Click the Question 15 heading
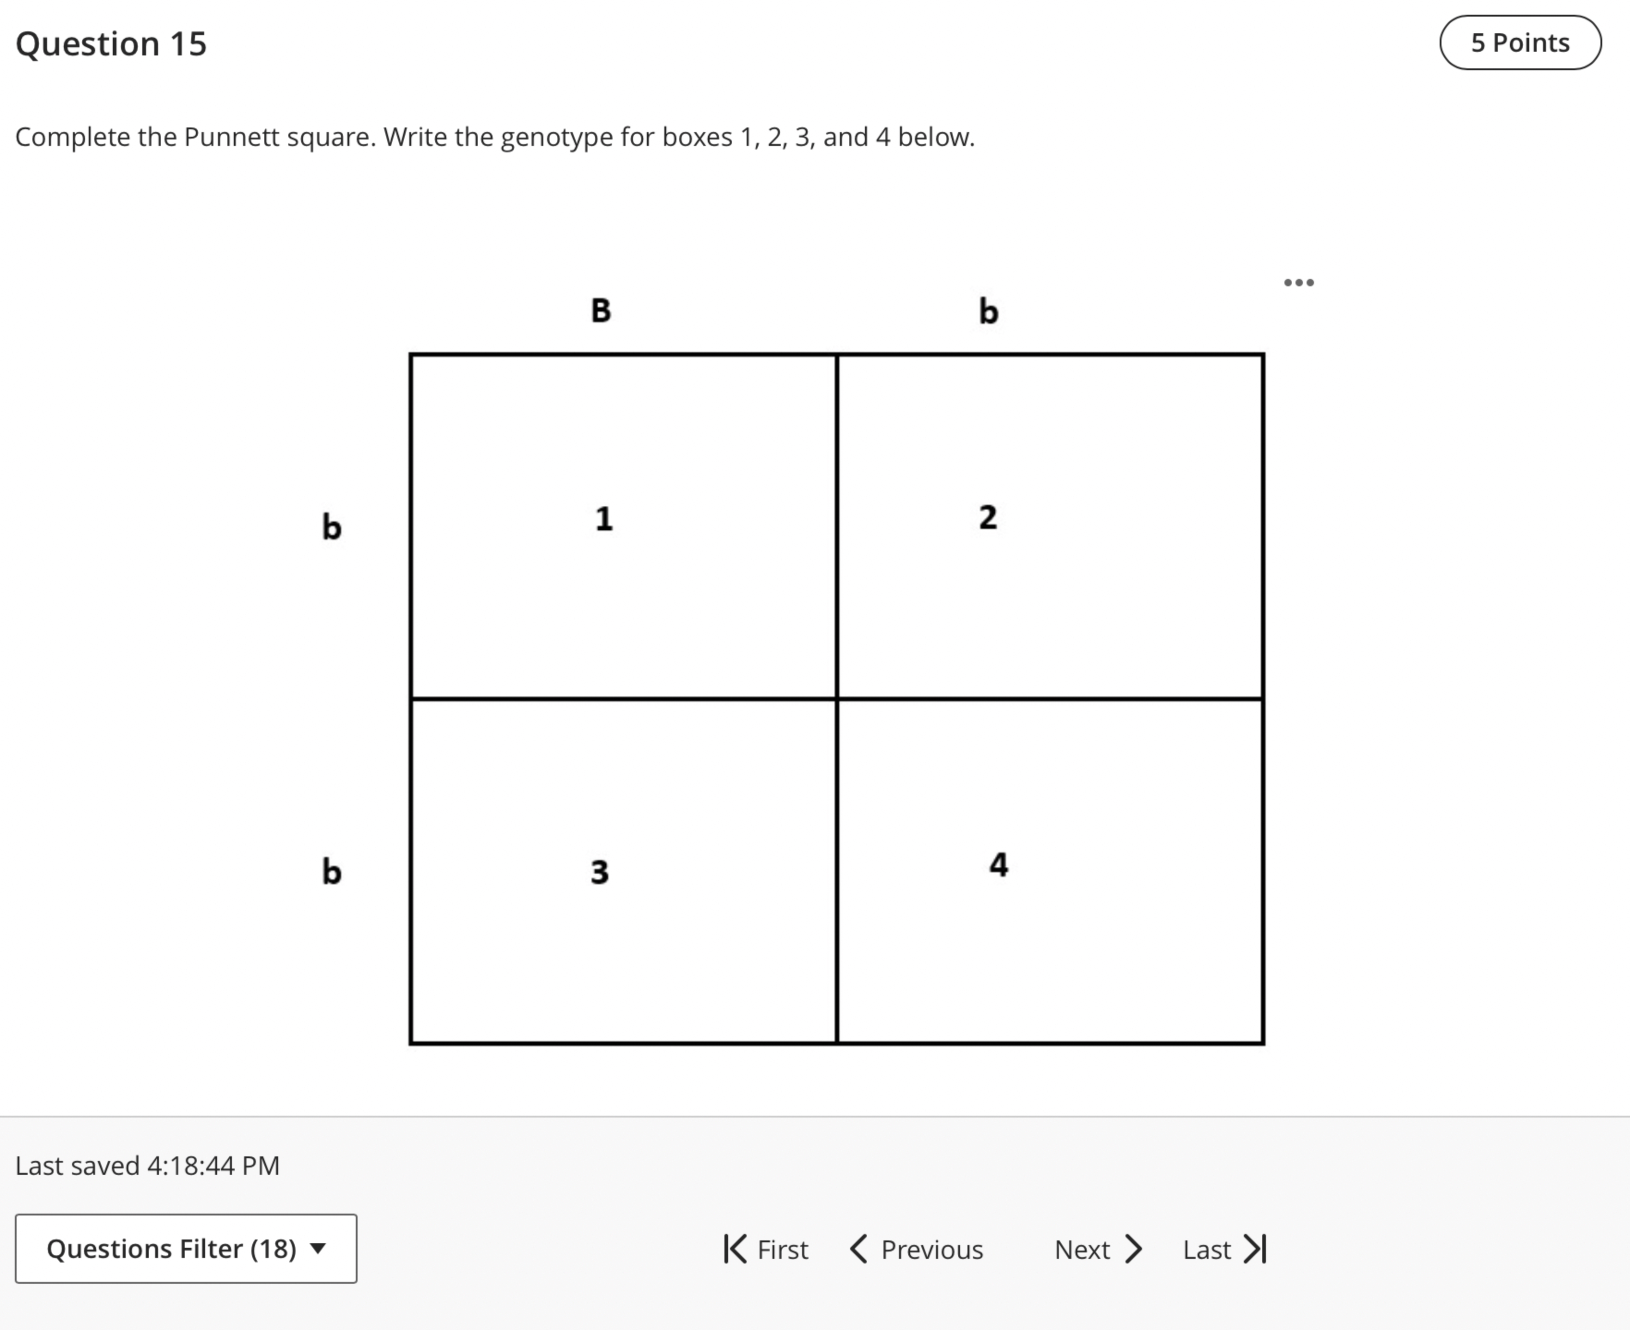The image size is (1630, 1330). pyautogui.click(x=111, y=44)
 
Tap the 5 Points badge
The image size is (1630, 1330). pyautogui.click(x=1520, y=43)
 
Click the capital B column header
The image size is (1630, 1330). pyautogui.click(x=601, y=310)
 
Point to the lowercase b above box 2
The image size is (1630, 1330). pyautogui.click(x=989, y=311)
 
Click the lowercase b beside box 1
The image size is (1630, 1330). pyautogui.click(x=331, y=527)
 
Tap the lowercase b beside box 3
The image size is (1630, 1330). pyautogui.click(x=331, y=871)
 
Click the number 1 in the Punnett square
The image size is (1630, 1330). pyautogui.click(x=604, y=519)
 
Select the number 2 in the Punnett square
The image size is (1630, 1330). pyautogui.click(x=988, y=517)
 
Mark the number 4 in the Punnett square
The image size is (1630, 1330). pyautogui.click(x=998, y=864)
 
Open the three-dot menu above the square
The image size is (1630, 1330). pyautogui.click(x=1299, y=283)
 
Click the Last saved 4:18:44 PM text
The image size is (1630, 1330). pyautogui.click(x=147, y=1165)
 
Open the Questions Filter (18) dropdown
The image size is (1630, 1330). pyautogui.click(x=185, y=1249)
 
